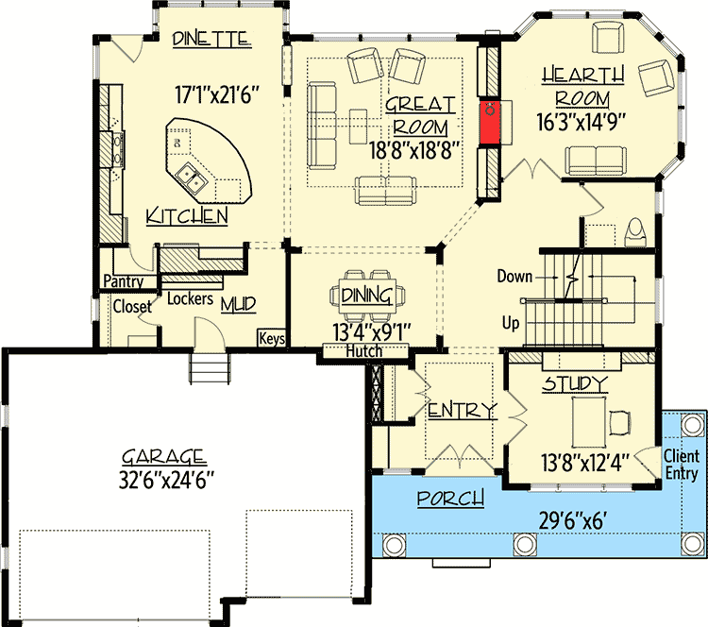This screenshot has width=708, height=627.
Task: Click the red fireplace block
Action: [489, 122]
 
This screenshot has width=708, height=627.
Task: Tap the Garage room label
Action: [164, 457]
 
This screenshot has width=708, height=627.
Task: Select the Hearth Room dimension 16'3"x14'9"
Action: [582, 122]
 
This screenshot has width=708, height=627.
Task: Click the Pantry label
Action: [124, 281]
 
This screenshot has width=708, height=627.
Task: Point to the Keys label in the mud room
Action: [272, 338]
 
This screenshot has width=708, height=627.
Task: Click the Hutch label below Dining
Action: [364, 351]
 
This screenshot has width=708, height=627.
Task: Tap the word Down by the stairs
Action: [514, 276]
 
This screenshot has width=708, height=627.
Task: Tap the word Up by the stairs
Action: [511, 324]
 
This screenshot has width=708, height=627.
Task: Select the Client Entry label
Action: [682, 465]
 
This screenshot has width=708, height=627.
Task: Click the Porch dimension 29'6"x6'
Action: [571, 521]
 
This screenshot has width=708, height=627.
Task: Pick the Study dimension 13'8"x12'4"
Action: [585, 463]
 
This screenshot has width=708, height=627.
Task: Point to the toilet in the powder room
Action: [635, 232]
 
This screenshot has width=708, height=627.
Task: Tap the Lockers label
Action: [190, 298]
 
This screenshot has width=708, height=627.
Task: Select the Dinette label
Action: [211, 39]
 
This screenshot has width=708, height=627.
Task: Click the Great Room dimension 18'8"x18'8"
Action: [414, 150]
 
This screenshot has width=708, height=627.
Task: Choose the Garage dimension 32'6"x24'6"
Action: [166, 481]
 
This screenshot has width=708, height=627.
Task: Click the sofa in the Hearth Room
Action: [596, 160]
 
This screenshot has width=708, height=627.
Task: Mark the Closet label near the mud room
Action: [132, 307]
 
